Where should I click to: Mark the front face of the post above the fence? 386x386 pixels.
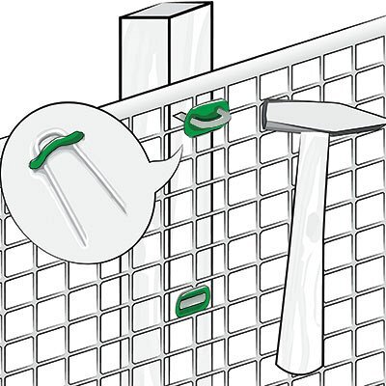(x=138, y=63)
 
